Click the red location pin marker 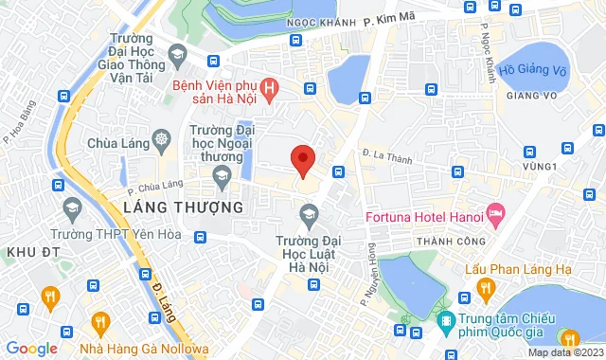[302, 160]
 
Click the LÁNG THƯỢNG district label [177, 207]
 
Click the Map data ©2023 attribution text [564, 352]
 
